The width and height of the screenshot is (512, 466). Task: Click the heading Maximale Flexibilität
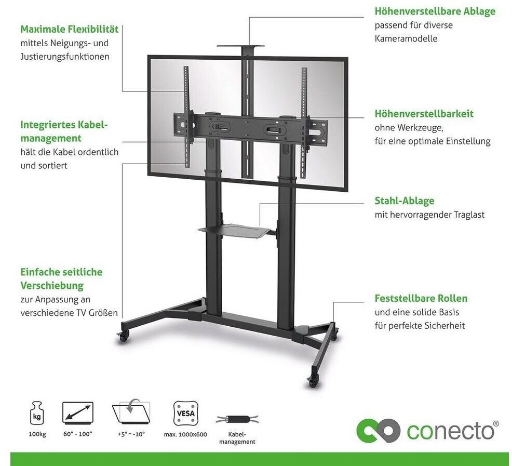point(70,29)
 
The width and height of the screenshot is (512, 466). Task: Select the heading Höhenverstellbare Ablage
point(435,11)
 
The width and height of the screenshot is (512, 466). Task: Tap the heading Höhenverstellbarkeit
point(424,113)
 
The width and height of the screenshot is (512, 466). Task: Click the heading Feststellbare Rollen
point(421,298)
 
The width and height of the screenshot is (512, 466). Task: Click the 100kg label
point(37,434)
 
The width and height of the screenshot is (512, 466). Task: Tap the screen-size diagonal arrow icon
point(77,413)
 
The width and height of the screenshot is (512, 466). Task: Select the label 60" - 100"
point(78,434)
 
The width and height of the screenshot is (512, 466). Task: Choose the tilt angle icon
point(130,414)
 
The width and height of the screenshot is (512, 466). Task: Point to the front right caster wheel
point(314,382)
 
